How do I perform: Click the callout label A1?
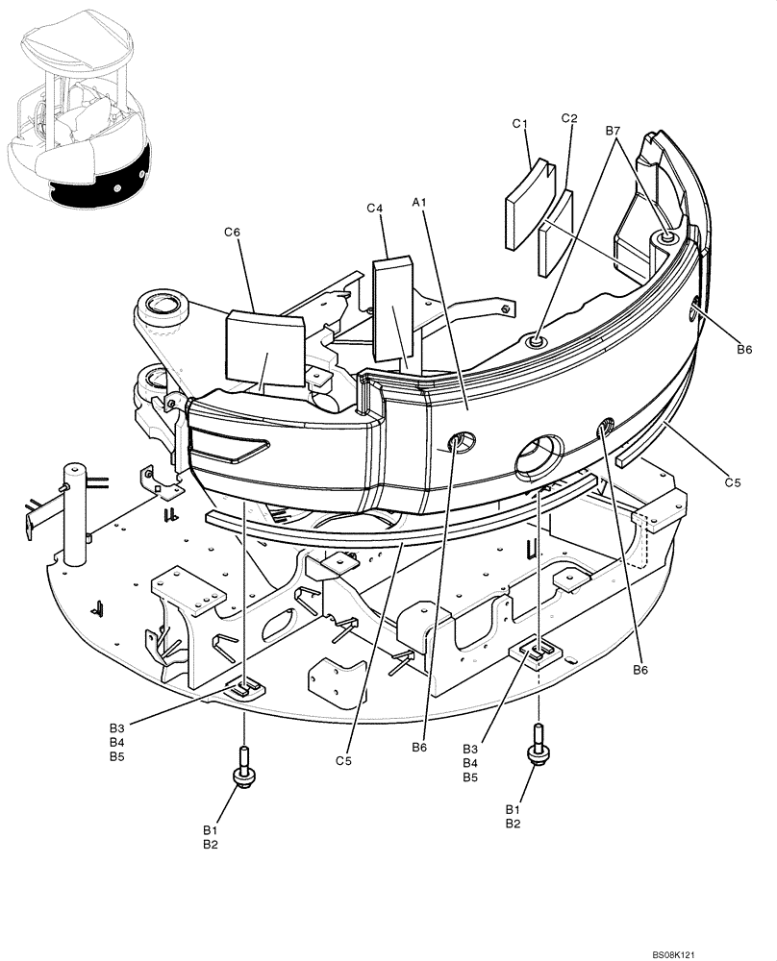click(x=418, y=202)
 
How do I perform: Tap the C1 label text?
click(x=520, y=124)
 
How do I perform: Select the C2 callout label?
click(x=568, y=119)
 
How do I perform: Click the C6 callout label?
click(x=232, y=232)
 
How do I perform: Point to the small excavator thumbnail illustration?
click(x=80, y=115)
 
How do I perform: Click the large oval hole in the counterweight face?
click(x=538, y=454)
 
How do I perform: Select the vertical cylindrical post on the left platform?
click(x=75, y=517)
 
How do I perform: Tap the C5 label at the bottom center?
click(x=345, y=761)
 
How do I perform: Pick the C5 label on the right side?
click(x=732, y=483)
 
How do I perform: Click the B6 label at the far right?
click(x=744, y=350)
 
